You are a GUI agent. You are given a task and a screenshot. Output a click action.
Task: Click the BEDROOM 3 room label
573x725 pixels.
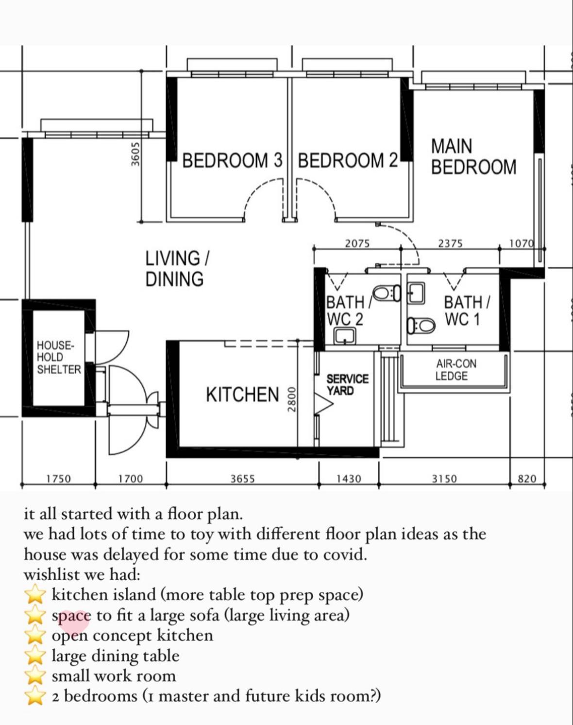(232, 160)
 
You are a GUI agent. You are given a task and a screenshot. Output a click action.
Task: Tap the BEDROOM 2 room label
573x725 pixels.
(347, 160)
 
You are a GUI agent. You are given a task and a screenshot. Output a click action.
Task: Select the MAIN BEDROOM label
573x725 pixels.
(473, 156)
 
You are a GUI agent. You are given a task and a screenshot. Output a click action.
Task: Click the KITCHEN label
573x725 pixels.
(242, 395)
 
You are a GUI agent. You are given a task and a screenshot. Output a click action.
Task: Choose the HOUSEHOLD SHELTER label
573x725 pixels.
(59, 357)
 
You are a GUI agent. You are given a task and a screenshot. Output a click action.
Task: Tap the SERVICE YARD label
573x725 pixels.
(347, 384)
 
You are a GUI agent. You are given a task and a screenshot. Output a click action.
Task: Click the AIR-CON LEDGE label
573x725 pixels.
(455, 370)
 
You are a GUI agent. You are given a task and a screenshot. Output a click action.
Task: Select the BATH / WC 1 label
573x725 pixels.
(467, 311)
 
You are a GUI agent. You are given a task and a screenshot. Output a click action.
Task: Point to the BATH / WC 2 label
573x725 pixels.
(345, 311)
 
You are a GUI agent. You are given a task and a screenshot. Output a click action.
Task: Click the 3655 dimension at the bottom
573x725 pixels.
(242, 479)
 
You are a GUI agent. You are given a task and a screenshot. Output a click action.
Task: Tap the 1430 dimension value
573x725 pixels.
(349, 479)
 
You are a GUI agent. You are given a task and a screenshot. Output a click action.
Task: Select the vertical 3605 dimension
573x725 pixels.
(135, 154)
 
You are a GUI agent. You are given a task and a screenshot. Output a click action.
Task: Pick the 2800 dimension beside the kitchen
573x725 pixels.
(291, 399)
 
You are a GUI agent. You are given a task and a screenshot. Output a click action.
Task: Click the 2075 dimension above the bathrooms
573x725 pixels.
(357, 243)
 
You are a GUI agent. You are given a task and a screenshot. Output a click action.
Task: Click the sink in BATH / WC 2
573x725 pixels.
(345, 336)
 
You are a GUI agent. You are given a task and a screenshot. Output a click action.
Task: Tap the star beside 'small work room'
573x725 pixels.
(35, 676)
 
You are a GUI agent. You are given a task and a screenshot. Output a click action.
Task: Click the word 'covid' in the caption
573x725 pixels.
(345, 554)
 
